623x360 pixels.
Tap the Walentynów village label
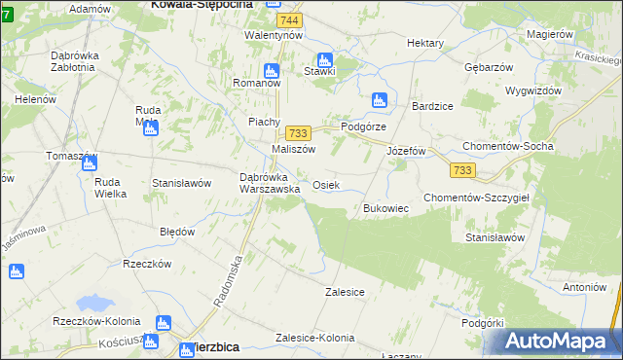point(274,35)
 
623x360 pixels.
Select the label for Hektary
point(425,44)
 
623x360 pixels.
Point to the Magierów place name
point(548,34)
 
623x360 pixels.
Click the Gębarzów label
point(489,67)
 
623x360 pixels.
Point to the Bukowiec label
point(385,208)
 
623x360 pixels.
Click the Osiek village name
point(325,185)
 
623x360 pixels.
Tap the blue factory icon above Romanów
point(272,69)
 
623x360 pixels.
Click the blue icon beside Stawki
point(324,58)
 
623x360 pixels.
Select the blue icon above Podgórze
point(379,99)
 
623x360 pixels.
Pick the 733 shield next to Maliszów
point(298,133)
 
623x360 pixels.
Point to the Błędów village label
point(177,233)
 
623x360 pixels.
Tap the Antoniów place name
point(585,287)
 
